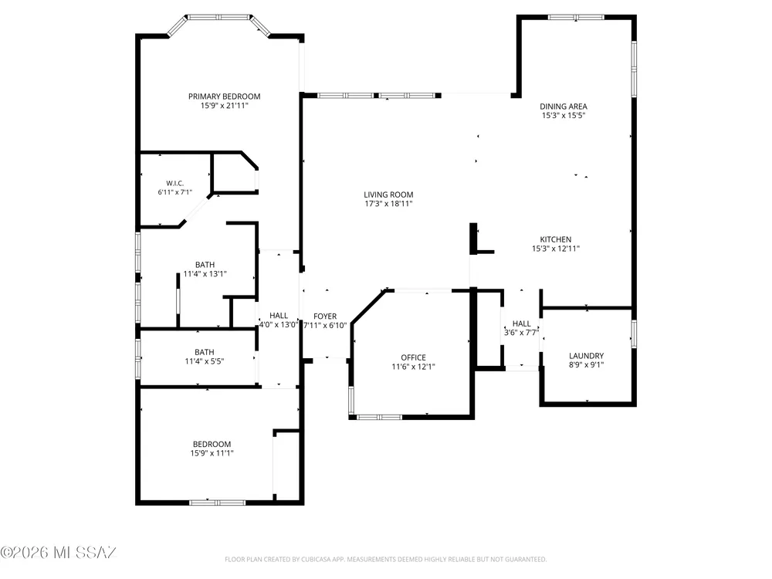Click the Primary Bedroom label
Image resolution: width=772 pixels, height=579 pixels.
[x=224, y=96]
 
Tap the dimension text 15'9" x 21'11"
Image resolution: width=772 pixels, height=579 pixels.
[x=224, y=105]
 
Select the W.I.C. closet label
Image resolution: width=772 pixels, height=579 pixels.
[x=174, y=183]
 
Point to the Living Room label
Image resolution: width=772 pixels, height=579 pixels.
[x=388, y=195]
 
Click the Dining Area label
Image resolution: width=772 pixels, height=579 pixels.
[x=564, y=107]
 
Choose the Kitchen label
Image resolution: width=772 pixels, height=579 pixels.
[x=556, y=239]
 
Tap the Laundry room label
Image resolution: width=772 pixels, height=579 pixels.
[x=586, y=355]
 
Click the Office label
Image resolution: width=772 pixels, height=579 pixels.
[x=413, y=357]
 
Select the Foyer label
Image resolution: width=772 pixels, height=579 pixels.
[x=325, y=316]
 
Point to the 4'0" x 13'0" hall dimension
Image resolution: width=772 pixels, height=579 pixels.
[x=279, y=324]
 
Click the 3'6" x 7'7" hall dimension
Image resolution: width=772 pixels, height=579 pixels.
[x=521, y=332]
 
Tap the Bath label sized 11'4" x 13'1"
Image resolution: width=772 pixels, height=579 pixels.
[x=205, y=265]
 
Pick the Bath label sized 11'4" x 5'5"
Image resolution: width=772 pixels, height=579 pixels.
[x=205, y=352]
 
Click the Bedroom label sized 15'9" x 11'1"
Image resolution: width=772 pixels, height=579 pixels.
[x=212, y=444]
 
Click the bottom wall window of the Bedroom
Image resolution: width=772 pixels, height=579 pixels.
[x=217, y=503]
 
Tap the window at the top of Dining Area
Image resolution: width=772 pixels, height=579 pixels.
[x=576, y=17]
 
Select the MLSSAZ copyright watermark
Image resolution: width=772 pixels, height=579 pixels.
[x=58, y=553]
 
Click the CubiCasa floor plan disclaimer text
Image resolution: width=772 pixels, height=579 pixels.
[x=385, y=559]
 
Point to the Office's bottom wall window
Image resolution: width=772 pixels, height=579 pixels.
[x=379, y=417]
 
